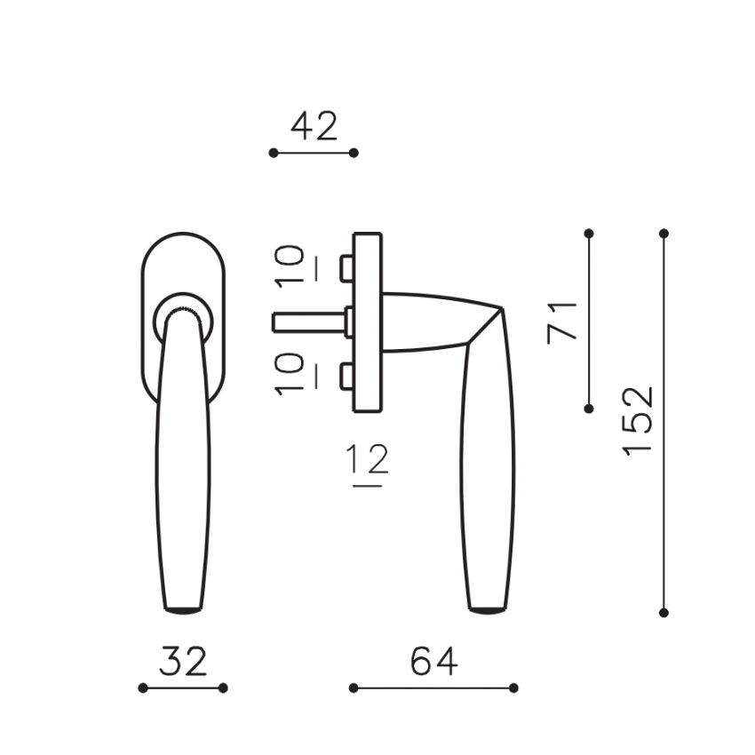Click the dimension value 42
(x=314, y=126)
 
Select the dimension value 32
(x=183, y=661)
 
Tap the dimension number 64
(x=433, y=661)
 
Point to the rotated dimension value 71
(x=562, y=323)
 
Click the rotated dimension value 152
(x=638, y=421)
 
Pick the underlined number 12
(x=367, y=459)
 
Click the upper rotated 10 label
(x=290, y=266)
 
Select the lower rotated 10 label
(x=290, y=374)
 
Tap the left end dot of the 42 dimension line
(x=274, y=153)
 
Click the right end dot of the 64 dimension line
(x=513, y=688)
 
